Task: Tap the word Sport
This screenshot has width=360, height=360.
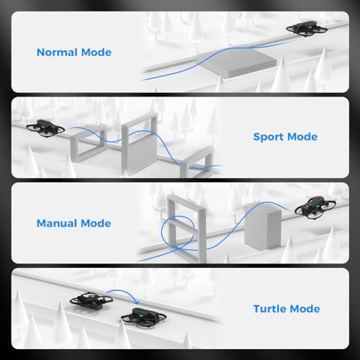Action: point(270,137)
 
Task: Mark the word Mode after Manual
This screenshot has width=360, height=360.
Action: point(96,223)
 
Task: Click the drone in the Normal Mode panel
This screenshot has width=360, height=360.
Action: point(302,27)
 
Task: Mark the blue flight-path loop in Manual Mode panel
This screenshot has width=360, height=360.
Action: point(175,235)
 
